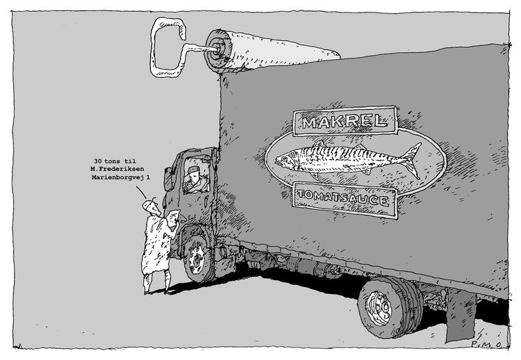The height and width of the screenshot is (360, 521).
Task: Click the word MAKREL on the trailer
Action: pos(345,122)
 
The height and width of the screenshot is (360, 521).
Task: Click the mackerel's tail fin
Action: pos(411,161)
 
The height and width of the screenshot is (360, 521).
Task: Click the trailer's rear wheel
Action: pos(390,307)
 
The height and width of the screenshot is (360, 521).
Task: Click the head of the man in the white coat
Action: pos(151,206)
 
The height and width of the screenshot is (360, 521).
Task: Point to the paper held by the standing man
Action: pos(173,218)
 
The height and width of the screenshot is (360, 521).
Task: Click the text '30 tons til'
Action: pos(115,161)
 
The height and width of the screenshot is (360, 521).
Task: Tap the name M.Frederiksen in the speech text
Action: pos(117,169)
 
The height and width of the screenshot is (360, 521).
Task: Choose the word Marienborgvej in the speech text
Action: pos(118,177)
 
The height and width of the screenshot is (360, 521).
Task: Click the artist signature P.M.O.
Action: pos(490,345)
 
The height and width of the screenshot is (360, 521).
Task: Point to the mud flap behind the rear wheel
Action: pos(460,315)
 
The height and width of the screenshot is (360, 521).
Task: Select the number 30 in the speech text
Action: pos(97,161)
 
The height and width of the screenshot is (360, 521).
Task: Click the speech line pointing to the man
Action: pos(141,192)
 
